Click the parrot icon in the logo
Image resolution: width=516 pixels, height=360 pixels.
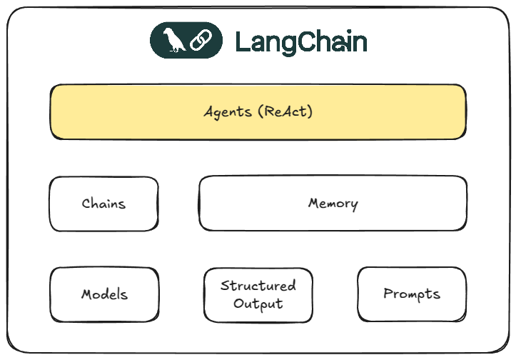pos(173,41)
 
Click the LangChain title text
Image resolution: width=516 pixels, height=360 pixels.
pos(300,42)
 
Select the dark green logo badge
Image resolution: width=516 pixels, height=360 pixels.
pos(186,41)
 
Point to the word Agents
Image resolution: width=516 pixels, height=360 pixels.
pos(226,112)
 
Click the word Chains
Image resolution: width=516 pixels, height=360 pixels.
pos(103,204)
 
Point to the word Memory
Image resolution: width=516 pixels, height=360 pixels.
pos(333,204)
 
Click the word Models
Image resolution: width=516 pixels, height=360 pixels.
pos(104,294)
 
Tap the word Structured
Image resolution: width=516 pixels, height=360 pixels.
pos(258,286)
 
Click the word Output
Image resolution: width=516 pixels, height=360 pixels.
pos(258,304)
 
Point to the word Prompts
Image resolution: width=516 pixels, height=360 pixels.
pos(411,294)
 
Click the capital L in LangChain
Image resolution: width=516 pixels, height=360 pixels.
pos(243,42)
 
